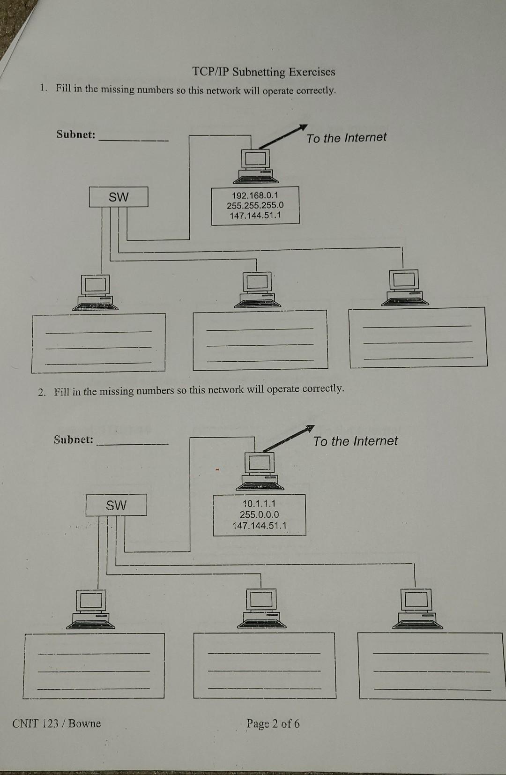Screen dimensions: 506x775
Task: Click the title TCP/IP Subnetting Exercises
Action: (x=264, y=72)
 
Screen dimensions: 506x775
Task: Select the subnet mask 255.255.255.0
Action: (x=255, y=205)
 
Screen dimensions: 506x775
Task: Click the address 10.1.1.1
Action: (x=259, y=504)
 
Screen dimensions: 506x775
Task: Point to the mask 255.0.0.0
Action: (x=259, y=514)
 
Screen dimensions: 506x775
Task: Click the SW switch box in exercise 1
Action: (x=119, y=197)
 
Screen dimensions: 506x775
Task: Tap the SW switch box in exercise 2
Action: (x=116, y=505)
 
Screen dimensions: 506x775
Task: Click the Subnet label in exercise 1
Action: (x=76, y=134)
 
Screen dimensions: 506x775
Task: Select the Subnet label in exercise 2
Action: (x=74, y=440)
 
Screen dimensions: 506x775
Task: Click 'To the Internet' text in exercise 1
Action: (x=347, y=138)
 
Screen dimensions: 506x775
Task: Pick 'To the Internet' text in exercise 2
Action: (x=355, y=441)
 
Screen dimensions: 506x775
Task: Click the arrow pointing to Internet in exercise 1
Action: (x=283, y=136)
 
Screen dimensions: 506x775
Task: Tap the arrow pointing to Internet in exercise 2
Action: (x=288, y=439)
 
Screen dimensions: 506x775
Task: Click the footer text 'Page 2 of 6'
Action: (x=273, y=723)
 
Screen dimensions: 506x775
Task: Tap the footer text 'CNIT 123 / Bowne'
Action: (x=56, y=723)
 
